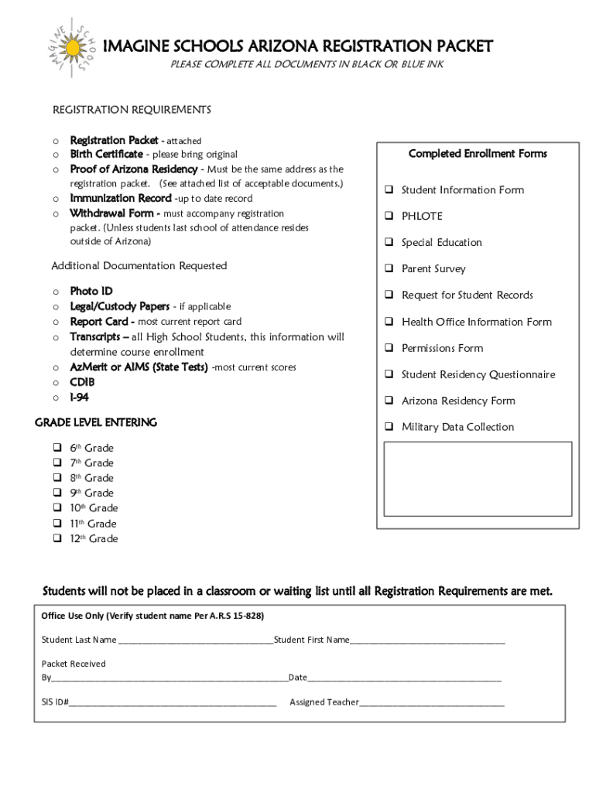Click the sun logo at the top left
73,47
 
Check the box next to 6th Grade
57,448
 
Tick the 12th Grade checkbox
57,538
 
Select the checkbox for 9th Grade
57,493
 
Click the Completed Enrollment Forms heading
478,154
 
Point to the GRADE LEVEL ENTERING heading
96,422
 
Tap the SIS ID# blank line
173,704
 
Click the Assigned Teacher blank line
432,704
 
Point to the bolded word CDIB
82,382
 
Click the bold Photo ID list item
91,291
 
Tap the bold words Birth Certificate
106,154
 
